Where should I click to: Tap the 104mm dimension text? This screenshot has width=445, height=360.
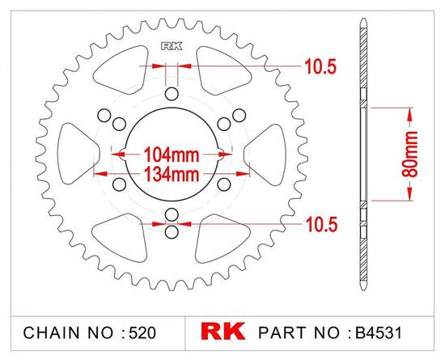(171, 151)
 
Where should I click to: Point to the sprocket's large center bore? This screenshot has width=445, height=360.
(171, 129)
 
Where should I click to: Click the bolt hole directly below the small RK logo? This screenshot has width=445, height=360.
(171, 95)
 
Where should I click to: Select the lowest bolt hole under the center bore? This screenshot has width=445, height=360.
(171, 231)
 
